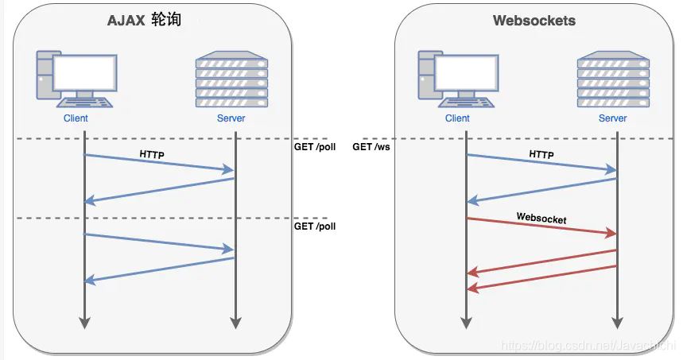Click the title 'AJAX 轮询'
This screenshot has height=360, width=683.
[x=145, y=20]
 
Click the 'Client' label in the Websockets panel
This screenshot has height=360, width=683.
[x=457, y=118]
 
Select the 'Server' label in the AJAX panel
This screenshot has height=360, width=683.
[x=231, y=118]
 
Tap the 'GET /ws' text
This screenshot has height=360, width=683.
[x=371, y=147]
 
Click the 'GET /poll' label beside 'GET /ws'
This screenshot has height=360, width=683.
[x=315, y=147]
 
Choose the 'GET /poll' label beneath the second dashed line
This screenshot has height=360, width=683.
[x=315, y=226]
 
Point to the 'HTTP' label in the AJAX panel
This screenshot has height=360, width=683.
[x=151, y=155]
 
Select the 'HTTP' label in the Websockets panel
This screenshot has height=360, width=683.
[x=541, y=155]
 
